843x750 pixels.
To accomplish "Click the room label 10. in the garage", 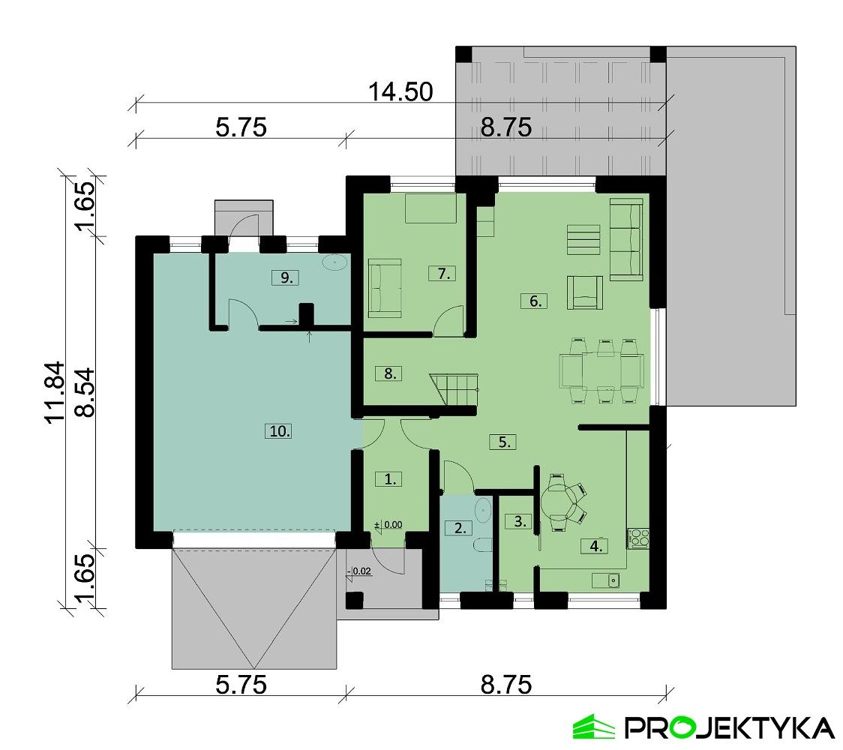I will [x=277, y=430].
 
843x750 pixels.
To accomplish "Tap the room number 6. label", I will [x=533, y=301].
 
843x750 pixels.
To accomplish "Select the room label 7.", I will [x=442, y=274].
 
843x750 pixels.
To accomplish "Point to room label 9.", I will [x=285, y=277].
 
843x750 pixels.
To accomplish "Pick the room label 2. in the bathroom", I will [x=459, y=527].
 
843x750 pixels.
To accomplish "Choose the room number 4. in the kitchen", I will [x=595, y=546].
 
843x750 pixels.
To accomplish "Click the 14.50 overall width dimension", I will [x=400, y=92].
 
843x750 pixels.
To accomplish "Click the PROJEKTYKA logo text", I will [x=728, y=727].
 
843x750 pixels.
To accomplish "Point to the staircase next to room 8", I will [x=454, y=390].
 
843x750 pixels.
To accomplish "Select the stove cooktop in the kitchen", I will [x=638, y=537].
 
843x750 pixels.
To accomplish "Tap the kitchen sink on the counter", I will [x=608, y=579].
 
